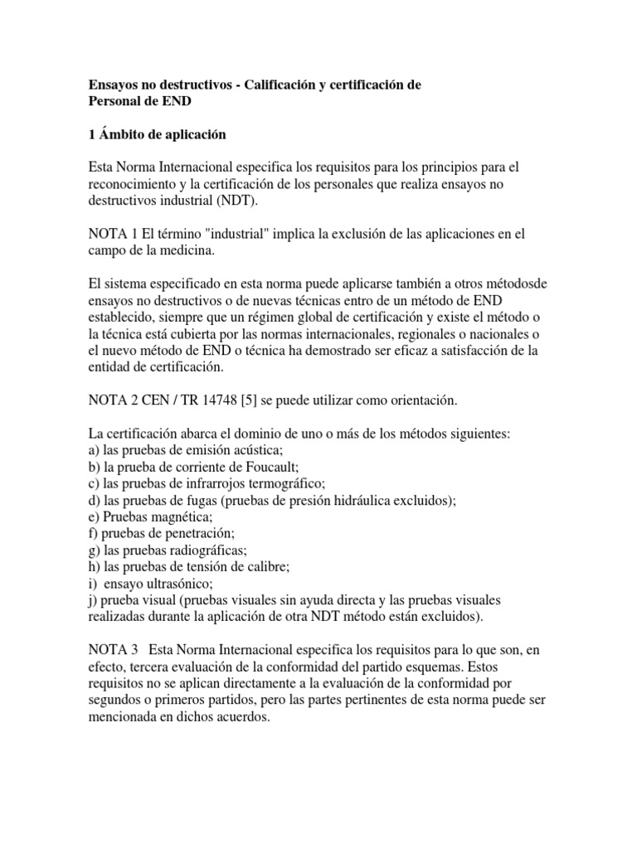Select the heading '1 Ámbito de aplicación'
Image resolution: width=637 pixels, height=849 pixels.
(157, 133)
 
